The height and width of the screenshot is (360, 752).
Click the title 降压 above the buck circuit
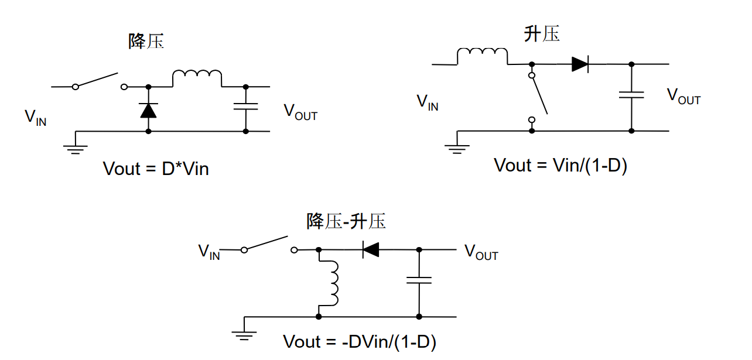click(x=146, y=41)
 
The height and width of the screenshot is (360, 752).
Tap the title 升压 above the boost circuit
click(x=542, y=34)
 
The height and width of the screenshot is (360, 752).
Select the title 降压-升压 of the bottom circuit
click(x=346, y=221)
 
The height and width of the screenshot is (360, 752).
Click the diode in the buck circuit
click(x=148, y=110)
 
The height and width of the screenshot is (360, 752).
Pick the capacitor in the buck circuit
click(x=245, y=107)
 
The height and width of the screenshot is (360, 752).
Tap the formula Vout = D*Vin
click(x=156, y=169)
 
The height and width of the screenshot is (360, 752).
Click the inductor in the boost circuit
click(x=482, y=56)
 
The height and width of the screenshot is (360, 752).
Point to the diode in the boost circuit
click(x=580, y=64)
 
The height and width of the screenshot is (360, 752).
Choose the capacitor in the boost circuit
click(x=631, y=94)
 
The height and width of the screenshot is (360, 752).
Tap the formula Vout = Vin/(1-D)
click(x=560, y=165)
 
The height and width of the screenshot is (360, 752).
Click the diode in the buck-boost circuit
click(x=370, y=250)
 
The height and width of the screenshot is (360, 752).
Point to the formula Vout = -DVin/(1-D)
click(x=360, y=342)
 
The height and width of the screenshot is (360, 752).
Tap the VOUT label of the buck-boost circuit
click(x=481, y=252)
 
